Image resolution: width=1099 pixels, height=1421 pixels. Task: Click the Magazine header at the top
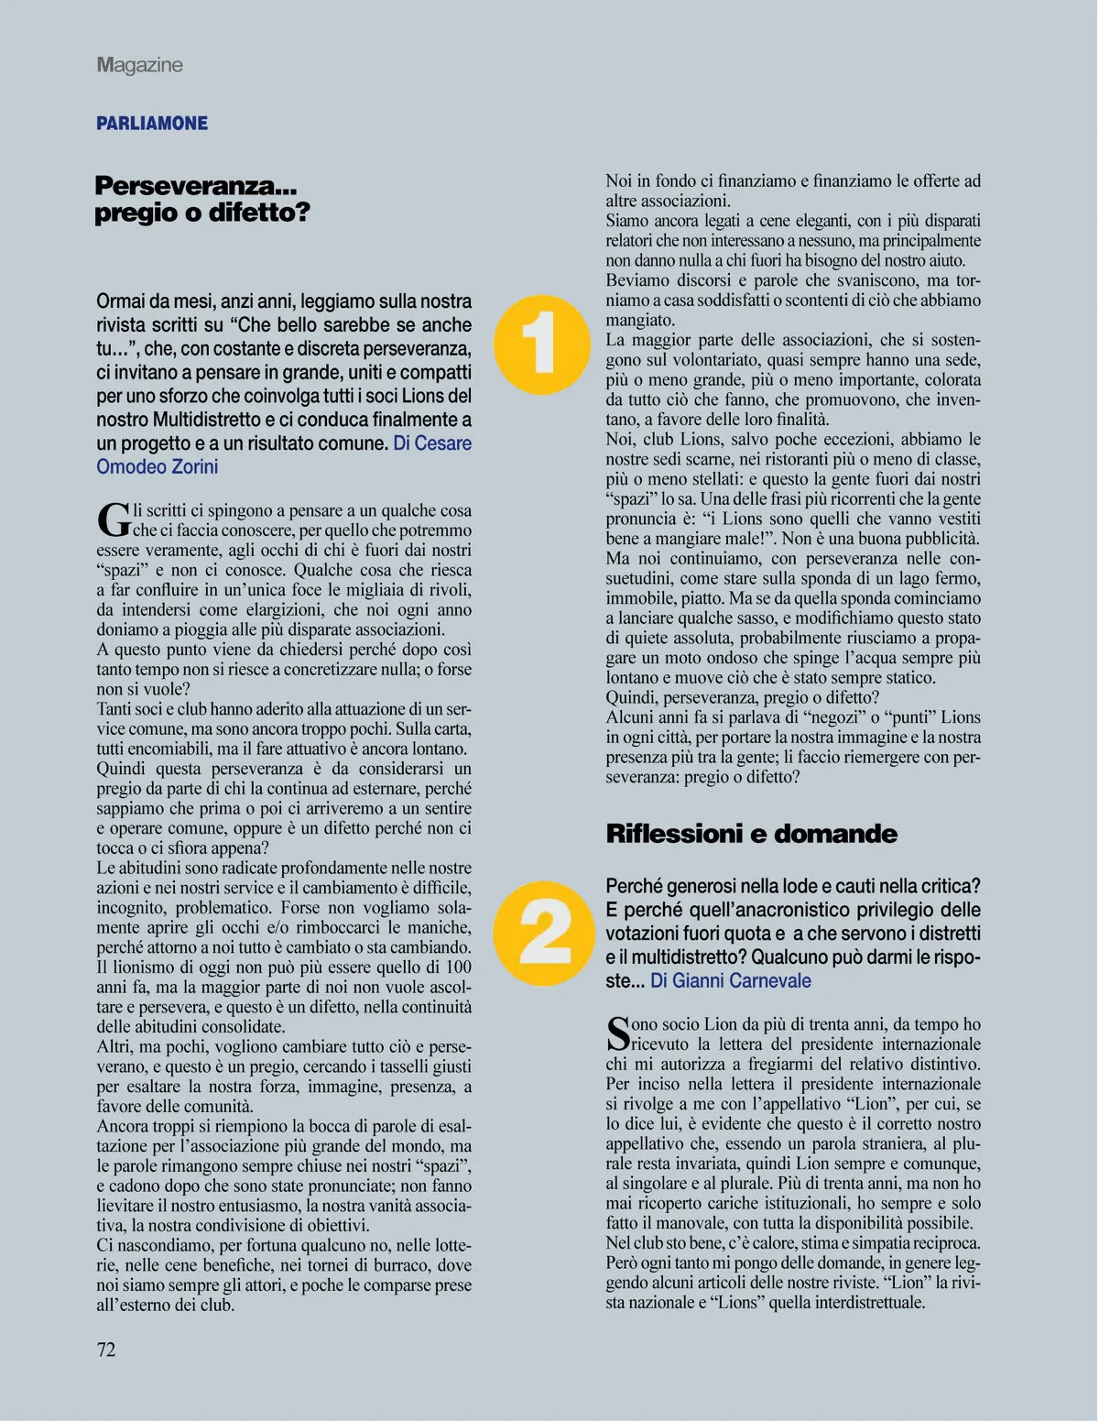139,65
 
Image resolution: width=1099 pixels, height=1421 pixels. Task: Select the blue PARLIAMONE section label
152,124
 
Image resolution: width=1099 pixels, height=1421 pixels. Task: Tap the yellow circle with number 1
541,344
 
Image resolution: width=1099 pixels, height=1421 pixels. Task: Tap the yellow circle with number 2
544,934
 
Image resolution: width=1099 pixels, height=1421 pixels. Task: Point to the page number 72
106,1350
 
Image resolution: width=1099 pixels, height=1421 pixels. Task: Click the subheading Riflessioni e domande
751,834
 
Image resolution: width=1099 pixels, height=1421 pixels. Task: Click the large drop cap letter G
114,519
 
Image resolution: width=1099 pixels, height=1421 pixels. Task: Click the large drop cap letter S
617,1033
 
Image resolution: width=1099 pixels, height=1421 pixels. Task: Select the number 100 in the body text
458,967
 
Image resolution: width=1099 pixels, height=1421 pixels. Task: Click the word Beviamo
637,280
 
